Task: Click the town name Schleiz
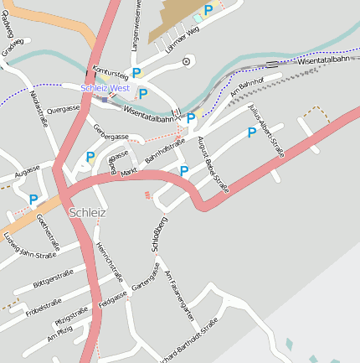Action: pos(88,212)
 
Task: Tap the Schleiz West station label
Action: pos(105,88)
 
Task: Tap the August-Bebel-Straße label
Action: pos(213,166)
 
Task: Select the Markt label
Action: pos(129,171)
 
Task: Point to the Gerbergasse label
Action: pos(111,132)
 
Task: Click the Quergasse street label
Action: pos(63,109)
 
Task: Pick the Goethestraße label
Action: pos(47,235)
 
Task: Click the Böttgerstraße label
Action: pos(54,279)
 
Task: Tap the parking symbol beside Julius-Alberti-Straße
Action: pos(251,132)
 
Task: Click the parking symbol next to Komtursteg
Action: pos(136,73)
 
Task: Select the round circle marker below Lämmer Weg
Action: pos(187,60)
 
